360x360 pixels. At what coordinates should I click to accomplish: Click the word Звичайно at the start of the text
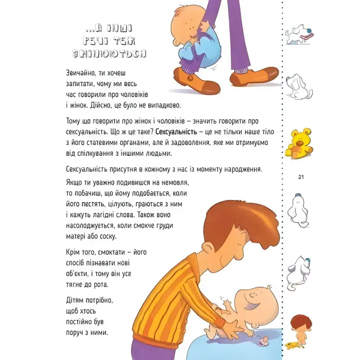[83, 74]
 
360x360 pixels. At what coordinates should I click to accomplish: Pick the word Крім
[75, 252]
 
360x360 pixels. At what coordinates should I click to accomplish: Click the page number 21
[301, 178]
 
